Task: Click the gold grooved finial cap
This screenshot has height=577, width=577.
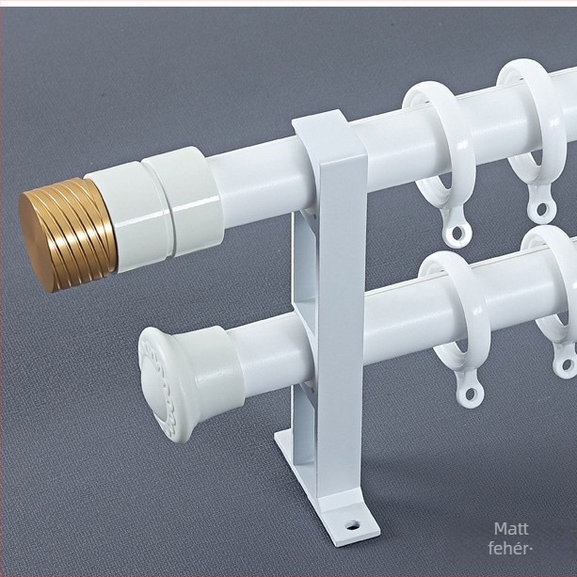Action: pos(68,234)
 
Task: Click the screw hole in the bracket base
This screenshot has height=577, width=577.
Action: pos(353,524)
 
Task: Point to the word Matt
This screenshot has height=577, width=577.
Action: pos(511,529)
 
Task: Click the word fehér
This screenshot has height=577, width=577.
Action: pos(508,549)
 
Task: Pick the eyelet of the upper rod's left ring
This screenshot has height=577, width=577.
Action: pos(457,232)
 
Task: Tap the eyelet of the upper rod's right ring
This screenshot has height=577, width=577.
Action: pos(541,208)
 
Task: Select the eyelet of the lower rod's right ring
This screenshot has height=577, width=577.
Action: pos(567,364)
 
